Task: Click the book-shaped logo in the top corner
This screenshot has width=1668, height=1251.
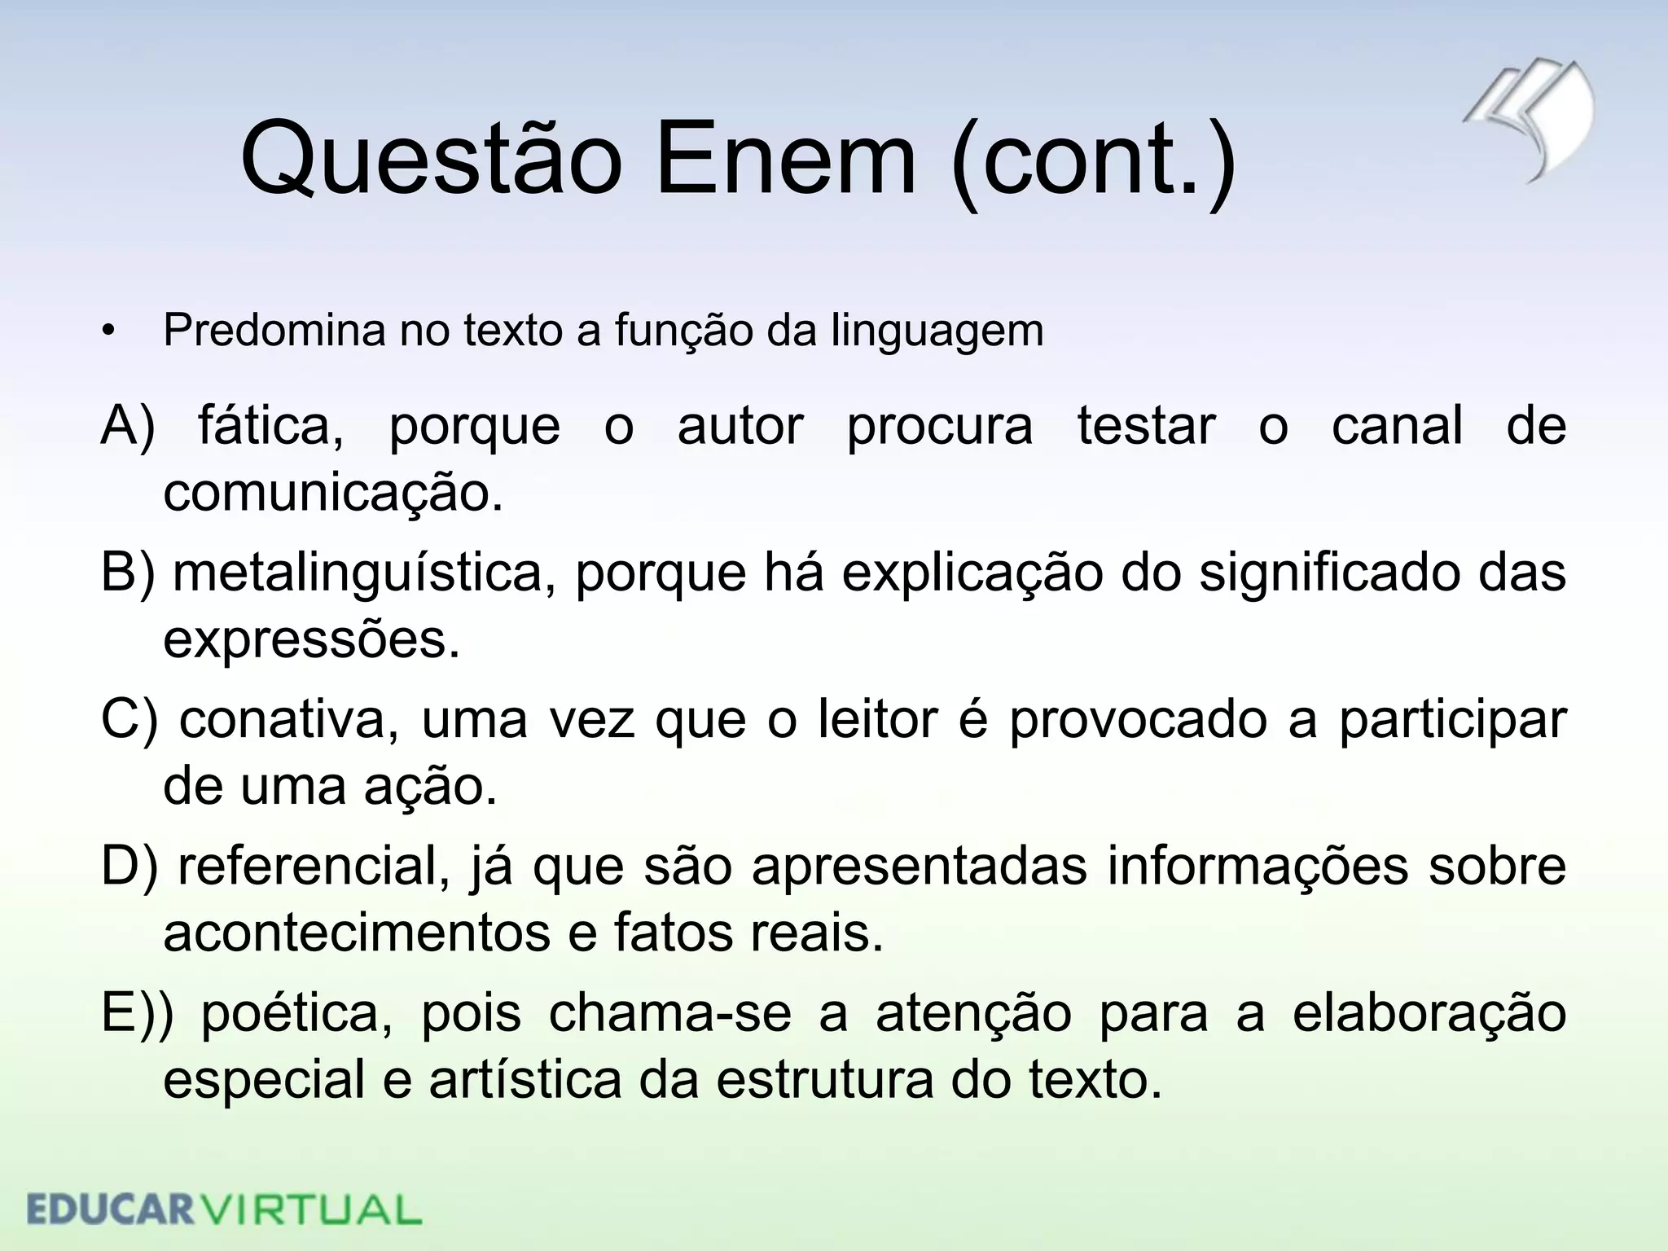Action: point(1531,118)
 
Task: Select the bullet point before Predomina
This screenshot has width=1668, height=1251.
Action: point(109,332)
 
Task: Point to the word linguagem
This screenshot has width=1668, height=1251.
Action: point(937,331)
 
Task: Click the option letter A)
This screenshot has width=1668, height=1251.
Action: point(128,426)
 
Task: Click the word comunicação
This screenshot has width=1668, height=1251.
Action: point(333,493)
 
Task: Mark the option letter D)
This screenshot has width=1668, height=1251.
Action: point(129,867)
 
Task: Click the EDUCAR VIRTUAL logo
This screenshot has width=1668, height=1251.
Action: point(224,1209)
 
